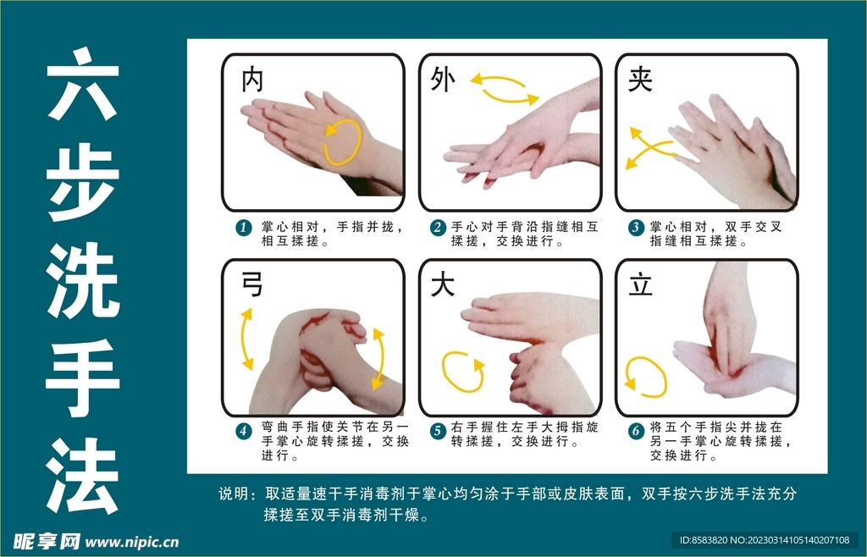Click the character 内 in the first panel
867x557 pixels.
tap(252, 81)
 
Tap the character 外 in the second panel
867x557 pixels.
tap(442, 80)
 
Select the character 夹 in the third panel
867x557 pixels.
tap(640, 80)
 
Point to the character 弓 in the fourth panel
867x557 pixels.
tap(252, 284)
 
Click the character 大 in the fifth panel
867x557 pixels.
tap(443, 284)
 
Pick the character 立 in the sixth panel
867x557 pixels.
tap(640, 284)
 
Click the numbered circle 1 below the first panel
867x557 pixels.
tap(244, 228)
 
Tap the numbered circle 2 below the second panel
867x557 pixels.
tap(438, 228)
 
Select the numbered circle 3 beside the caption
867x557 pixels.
tap(636, 228)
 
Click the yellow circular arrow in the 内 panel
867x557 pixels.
tap(343, 141)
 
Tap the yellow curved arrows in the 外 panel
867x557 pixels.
tap(505, 90)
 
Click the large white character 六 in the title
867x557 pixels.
tap(82, 83)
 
